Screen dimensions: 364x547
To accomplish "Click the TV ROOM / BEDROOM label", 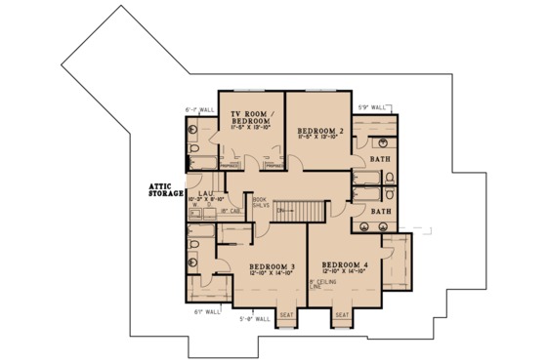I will [249, 116].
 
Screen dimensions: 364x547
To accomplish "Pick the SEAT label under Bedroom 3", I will [286, 315].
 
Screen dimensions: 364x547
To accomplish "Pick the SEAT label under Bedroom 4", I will [342, 315].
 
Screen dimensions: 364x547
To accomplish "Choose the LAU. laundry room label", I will [205, 193].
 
